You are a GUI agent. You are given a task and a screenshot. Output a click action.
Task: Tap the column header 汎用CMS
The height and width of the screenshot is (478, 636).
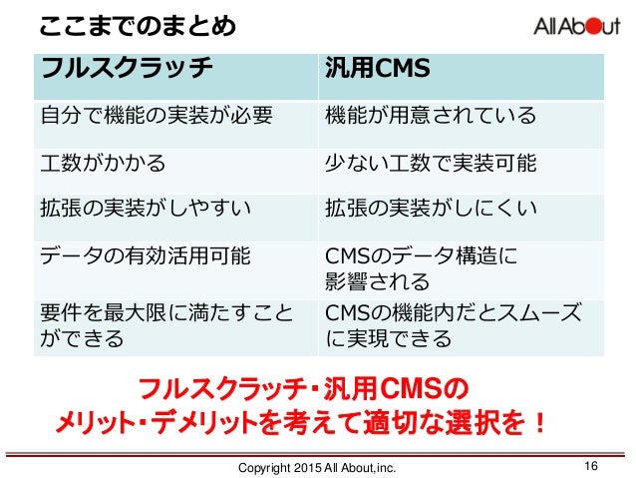click(378, 69)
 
